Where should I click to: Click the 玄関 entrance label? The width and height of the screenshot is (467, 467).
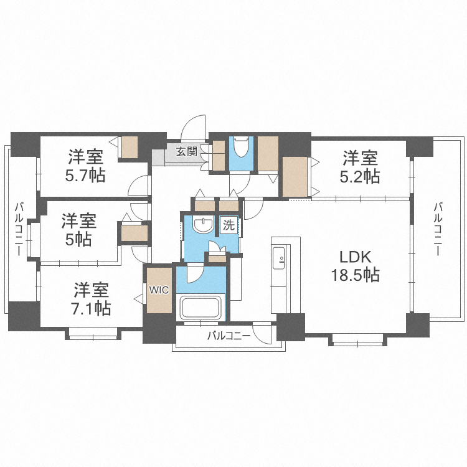(186, 151)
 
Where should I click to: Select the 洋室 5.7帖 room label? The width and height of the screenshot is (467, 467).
(86, 166)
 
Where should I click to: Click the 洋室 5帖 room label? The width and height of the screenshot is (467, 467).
(78, 229)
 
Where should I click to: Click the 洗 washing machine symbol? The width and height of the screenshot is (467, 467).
(229, 225)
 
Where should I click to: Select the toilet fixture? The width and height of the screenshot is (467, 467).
(242, 148)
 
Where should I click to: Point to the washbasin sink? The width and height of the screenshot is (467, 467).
(202, 225)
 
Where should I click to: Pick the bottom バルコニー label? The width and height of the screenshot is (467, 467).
(229, 336)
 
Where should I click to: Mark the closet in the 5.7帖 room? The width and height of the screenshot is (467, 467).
(130, 147)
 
